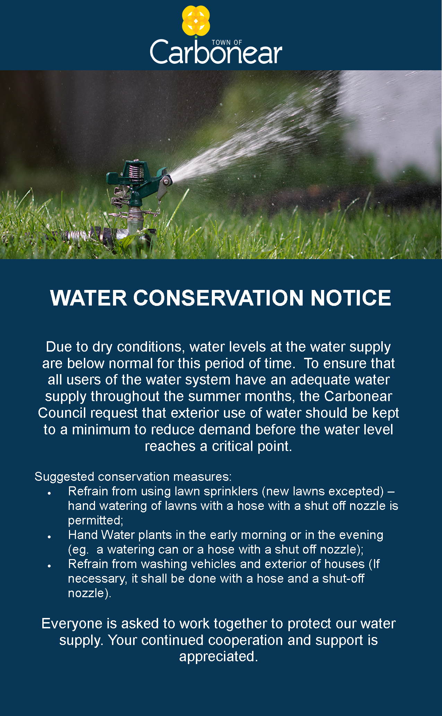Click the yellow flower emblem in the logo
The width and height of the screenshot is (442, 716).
click(x=196, y=20)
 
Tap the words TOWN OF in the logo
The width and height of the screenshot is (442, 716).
click(x=227, y=43)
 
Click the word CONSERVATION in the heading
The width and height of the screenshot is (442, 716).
click(x=218, y=298)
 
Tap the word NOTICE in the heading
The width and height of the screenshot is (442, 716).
click(x=351, y=298)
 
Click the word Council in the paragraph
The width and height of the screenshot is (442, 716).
click(x=62, y=413)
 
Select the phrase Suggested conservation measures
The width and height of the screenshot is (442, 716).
click(x=133, y=477)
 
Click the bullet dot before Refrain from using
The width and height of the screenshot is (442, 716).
click(x=50, y=493)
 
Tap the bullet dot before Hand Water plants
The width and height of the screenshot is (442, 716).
click(x=50, y=537)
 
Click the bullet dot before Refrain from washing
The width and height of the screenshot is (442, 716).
click(x=50, y=566)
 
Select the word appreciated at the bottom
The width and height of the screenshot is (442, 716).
click(x=218, y=657)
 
